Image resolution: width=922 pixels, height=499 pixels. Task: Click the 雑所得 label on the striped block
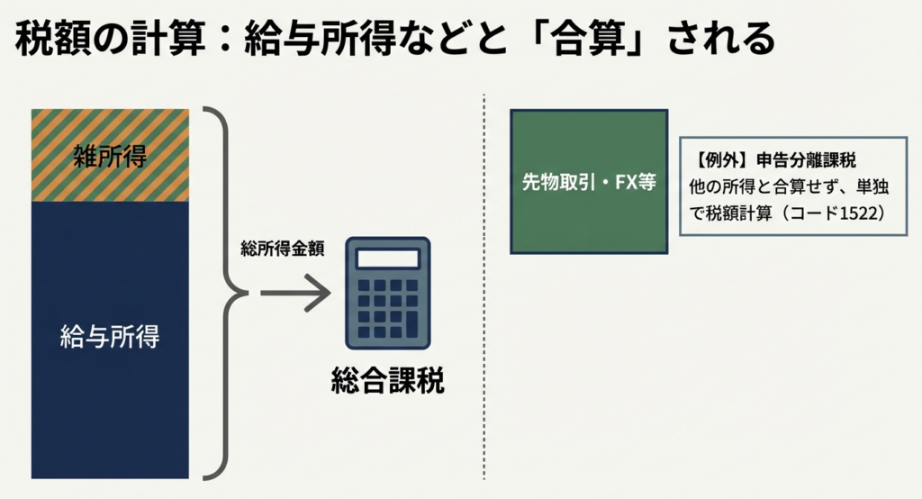109,156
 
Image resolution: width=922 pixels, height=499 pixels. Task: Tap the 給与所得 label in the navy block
110,339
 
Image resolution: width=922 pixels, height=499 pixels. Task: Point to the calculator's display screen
387,259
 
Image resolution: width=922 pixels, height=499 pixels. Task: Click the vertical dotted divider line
484,288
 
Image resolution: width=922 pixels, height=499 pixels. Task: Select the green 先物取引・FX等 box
589,181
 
